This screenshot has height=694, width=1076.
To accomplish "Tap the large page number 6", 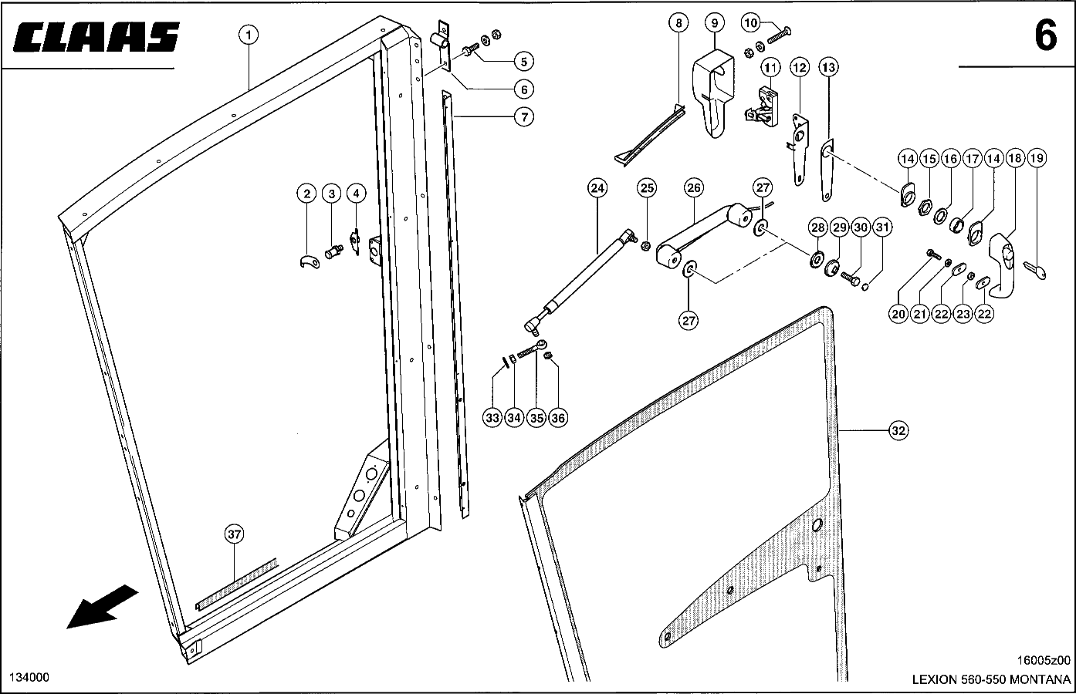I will point(1045,36).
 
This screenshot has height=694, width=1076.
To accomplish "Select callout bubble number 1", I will point(249,34).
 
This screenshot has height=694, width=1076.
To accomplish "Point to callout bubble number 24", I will point(597,187).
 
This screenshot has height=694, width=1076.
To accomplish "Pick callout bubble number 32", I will point(898,431).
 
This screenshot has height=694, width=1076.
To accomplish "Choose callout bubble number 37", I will point(235,534).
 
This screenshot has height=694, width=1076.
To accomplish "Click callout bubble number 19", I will point(1037,159).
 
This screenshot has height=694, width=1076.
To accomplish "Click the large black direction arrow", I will point(102,606).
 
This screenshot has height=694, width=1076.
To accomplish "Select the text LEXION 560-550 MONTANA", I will point(992,681).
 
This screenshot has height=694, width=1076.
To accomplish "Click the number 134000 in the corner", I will point(29,677).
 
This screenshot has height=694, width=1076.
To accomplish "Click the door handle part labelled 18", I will point(1003,262).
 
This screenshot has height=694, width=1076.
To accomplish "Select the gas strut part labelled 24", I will point(581,278).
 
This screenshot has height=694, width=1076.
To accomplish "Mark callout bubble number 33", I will point(492,418).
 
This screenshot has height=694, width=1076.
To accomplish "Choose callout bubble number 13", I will point(828,68).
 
